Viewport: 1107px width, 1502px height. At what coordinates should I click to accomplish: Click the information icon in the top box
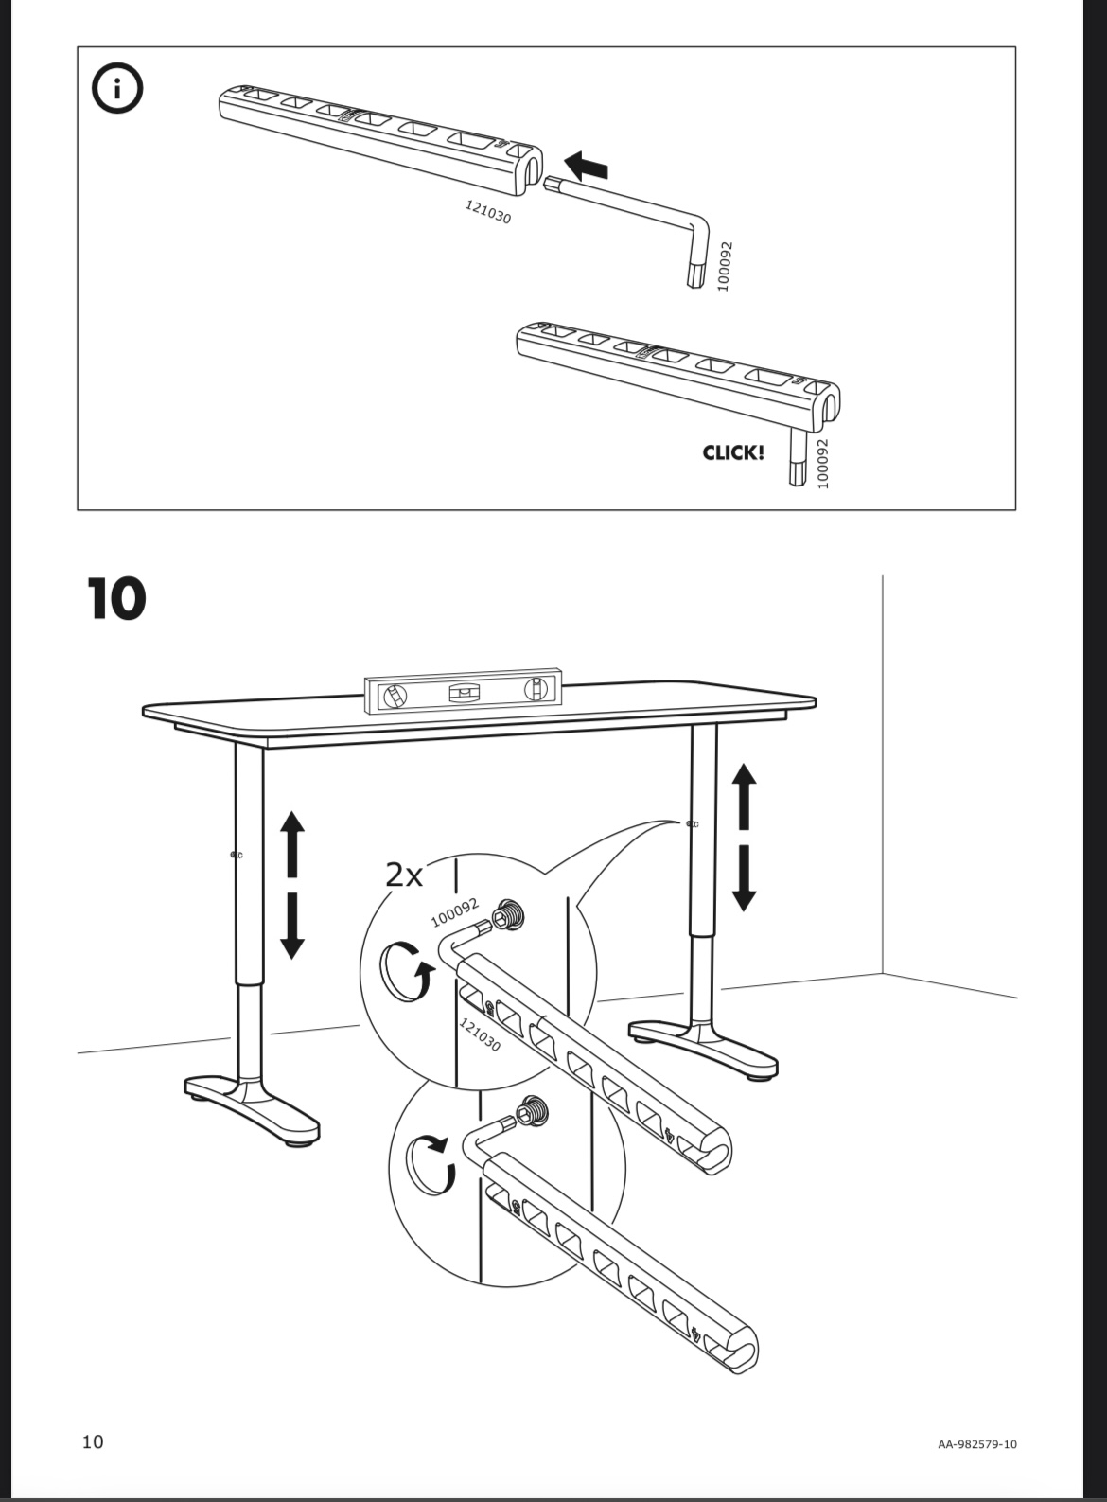117,89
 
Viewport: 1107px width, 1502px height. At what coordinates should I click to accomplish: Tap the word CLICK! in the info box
732,452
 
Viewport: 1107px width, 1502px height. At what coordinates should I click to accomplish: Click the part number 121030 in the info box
487,212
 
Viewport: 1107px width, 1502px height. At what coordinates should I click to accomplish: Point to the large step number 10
116,599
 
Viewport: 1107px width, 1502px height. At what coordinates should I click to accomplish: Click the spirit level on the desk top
464,693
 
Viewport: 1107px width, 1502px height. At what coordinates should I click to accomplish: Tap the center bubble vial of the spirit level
464,693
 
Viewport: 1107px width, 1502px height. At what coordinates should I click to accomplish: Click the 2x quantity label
404,875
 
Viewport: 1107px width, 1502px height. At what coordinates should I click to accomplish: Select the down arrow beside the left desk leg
292,926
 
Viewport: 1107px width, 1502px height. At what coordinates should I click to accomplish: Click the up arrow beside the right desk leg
745,795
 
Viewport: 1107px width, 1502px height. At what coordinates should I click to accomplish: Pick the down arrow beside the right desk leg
745,878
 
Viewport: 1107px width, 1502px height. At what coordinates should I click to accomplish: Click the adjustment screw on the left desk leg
236,855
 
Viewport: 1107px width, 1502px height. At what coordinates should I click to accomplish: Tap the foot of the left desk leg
252,1104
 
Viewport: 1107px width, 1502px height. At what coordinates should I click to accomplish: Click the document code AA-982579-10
976,1444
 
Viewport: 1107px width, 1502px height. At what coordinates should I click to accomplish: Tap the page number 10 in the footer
93,1441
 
